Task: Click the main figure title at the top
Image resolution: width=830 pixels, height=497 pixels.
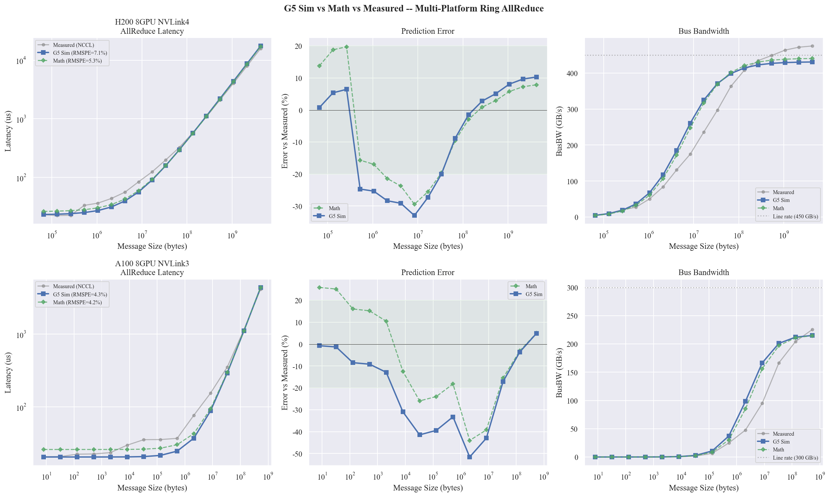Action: tap(414, 9)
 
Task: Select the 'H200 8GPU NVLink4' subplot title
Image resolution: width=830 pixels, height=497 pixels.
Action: tap(152, 22)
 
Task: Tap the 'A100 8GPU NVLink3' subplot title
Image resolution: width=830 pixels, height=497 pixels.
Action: tap(152, 264)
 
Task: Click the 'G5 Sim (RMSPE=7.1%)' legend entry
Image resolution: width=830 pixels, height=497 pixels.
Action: tap(80, 53)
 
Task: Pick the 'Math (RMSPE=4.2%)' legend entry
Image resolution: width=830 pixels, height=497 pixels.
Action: tap(77, 302)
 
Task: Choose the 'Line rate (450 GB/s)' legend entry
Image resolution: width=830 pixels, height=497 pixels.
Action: tap(795, 217)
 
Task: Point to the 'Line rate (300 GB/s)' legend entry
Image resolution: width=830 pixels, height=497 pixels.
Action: tap(795, 458)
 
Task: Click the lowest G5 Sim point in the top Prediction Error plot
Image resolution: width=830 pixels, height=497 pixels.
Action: tap(414, 215)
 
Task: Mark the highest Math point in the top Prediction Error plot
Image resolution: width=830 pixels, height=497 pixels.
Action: tap(346, 47)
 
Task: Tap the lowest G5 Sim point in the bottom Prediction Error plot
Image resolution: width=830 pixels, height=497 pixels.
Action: tap(469, 457)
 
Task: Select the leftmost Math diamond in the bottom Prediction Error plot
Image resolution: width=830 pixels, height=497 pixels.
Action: tap(319, 288)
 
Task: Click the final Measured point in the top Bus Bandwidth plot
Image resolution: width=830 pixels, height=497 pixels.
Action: tap(812, 46)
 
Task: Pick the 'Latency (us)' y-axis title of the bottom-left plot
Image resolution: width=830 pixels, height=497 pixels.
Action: tap(8, 372)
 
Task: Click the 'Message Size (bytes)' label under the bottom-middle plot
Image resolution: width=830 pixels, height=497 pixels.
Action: tap(428, 488)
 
